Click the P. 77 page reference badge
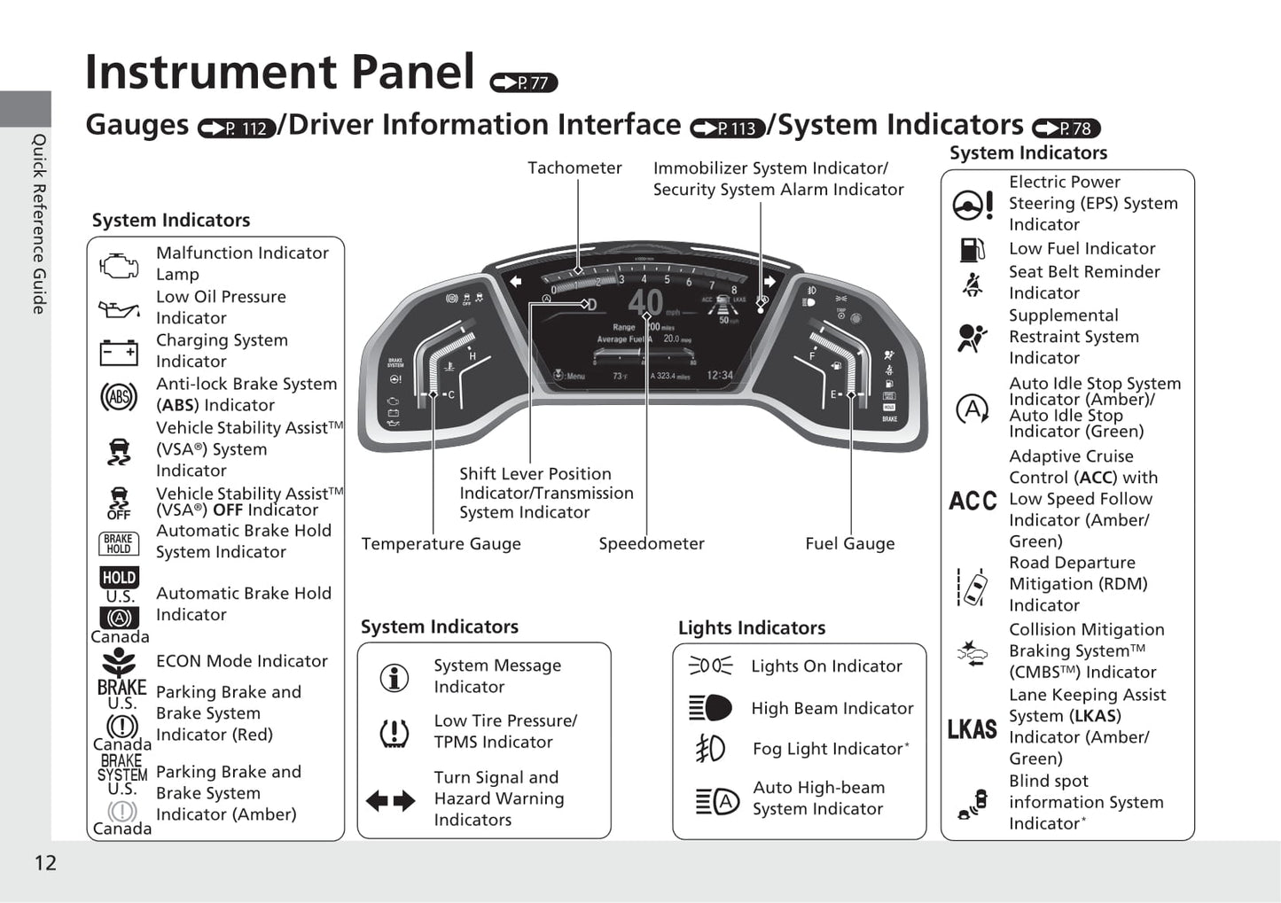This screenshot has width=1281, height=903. [x=524, y=83]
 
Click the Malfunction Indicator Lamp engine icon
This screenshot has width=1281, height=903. [x=119, y=264]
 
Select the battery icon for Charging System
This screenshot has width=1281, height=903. [x=119, y=352]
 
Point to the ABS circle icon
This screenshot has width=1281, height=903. [x=119, y=396]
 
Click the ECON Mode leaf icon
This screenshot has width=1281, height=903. [x=119, y=661]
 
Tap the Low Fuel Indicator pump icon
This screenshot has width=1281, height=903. [x=972, y=249]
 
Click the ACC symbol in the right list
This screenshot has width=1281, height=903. [x=972, y=501]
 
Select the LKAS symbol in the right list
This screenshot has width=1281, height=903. [x=972, y=729]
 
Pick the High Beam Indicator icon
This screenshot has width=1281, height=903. [x=711, y=708]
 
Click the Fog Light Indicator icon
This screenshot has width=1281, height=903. [x=711, y=749]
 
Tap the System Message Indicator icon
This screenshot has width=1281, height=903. [x=394, y=677]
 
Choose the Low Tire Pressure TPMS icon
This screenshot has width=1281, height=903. [x=394, y=733]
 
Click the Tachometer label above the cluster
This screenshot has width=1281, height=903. [x=574, y=168]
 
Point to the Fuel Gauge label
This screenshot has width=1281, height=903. [x=849, y=544]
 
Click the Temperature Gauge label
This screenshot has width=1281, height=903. [x=441, y=544]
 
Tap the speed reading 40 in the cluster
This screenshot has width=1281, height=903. [x=645, y=303]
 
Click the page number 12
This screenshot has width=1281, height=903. [x=45, y=863]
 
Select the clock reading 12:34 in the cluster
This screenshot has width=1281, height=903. [x=719, y=376]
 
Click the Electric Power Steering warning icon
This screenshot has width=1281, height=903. [x=972, y=205]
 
